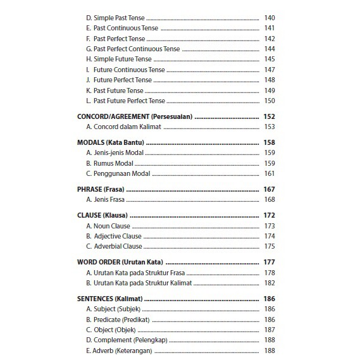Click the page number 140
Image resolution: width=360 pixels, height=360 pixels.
[269, 18]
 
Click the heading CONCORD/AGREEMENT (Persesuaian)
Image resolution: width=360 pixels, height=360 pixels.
[135, 117]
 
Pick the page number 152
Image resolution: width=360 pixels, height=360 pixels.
[269, 117]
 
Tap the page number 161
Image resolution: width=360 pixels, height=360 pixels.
[269, 174]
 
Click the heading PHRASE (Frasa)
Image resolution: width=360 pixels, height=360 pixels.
[100, 189]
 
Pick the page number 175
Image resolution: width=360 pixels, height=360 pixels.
[269, 247]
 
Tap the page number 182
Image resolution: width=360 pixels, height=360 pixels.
[269, 283]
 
